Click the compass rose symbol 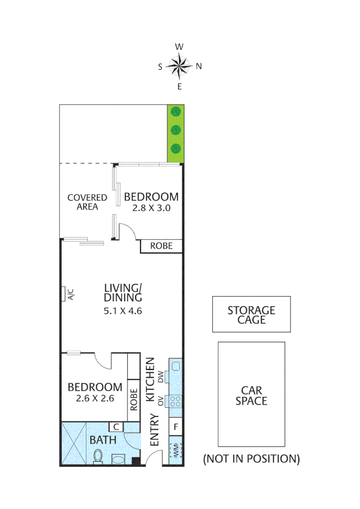tap(180, 66)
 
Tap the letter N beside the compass tap(199, 66)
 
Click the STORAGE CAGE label tap(251, 315)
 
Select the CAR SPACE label tap(251, 395)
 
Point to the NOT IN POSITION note tap(251, 459)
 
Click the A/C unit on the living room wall tap(63, 294)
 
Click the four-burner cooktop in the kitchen tap(176, 401)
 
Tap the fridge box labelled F tap(176, 427)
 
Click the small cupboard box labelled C tap(116, 427)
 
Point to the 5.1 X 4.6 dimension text tap(123, 311)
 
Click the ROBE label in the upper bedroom tap(161, 246)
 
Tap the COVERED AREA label tap(87, 202)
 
